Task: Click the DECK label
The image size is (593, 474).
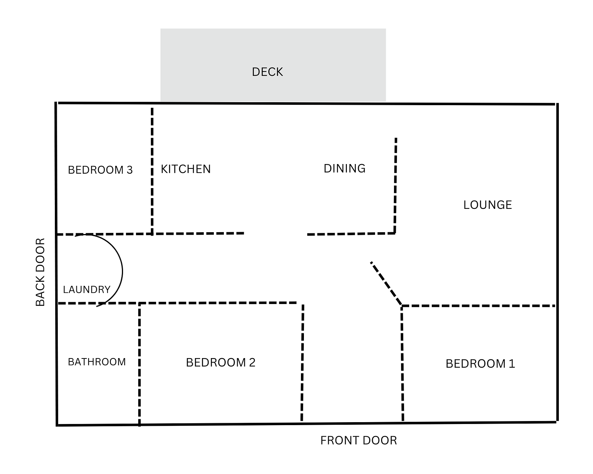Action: pos(267,72)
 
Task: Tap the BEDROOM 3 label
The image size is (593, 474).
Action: pos(100,170)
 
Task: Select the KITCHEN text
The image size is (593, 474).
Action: pos(186,169)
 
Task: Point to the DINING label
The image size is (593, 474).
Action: pos(344,168)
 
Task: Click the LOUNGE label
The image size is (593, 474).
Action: pos(487,205)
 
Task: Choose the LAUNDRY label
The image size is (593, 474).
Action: pos(86,290)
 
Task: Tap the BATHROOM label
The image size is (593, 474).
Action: pos(97,362)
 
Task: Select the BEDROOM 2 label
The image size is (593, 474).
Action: pos(221,363)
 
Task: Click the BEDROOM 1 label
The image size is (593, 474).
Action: pos(480,364)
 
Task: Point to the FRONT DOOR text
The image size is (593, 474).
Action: pos(358,440)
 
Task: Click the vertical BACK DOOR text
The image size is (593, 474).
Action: pos(40,272)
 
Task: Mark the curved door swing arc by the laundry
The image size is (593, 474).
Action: pos(122,271)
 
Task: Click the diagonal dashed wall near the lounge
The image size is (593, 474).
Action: pos(386,283)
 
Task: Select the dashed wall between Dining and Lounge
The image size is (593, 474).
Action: pos(395,186)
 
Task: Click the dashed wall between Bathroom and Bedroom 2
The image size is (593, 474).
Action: pos(139,365)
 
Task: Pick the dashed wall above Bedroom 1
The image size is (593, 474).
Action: pos(478,306)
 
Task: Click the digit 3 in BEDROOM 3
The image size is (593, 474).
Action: pos(130,170)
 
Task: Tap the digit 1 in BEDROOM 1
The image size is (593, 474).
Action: pos(512,364)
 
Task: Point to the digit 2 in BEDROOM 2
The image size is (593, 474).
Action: pos(252,363)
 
